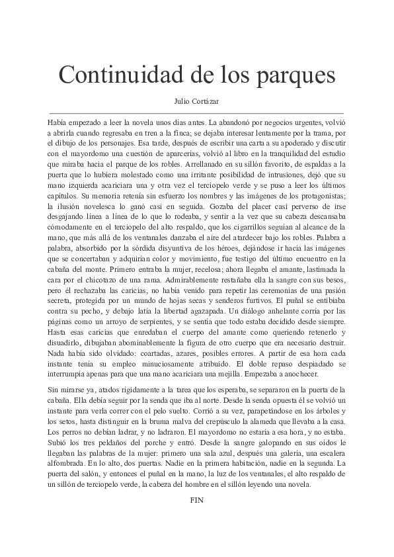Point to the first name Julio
pos(181,102)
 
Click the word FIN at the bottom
pos(196,500)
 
